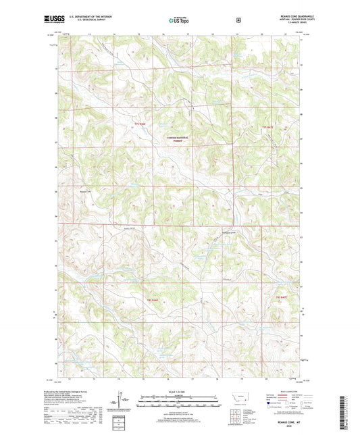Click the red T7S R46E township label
[x=139, y=125]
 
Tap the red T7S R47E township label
[x=269, y=126]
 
